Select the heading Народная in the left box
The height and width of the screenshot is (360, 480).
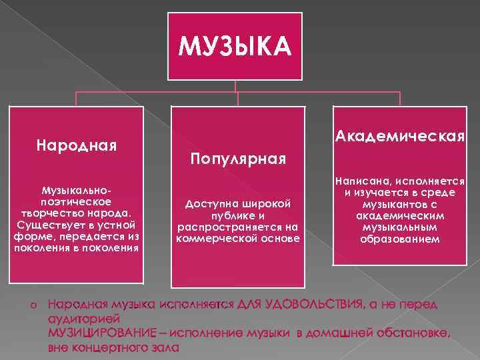(x=77, y=144)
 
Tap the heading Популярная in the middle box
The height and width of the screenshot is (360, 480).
(x=238, y=159)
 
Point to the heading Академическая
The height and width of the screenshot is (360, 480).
(x=400, y=137)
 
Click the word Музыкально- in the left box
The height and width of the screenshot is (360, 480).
(x=76, y=191)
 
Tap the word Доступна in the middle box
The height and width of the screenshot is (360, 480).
(x=209, y=202)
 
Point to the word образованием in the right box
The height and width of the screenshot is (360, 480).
(x=400, y=238)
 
